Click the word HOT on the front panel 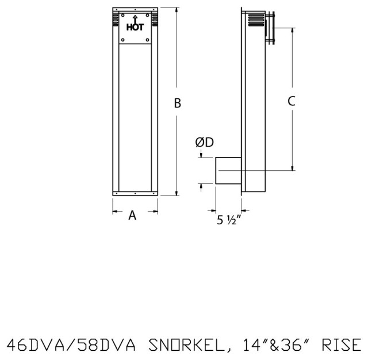135,26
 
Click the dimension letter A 132,216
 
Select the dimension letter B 178,103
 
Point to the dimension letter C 292,101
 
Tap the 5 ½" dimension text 228,220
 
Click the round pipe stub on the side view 228,171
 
